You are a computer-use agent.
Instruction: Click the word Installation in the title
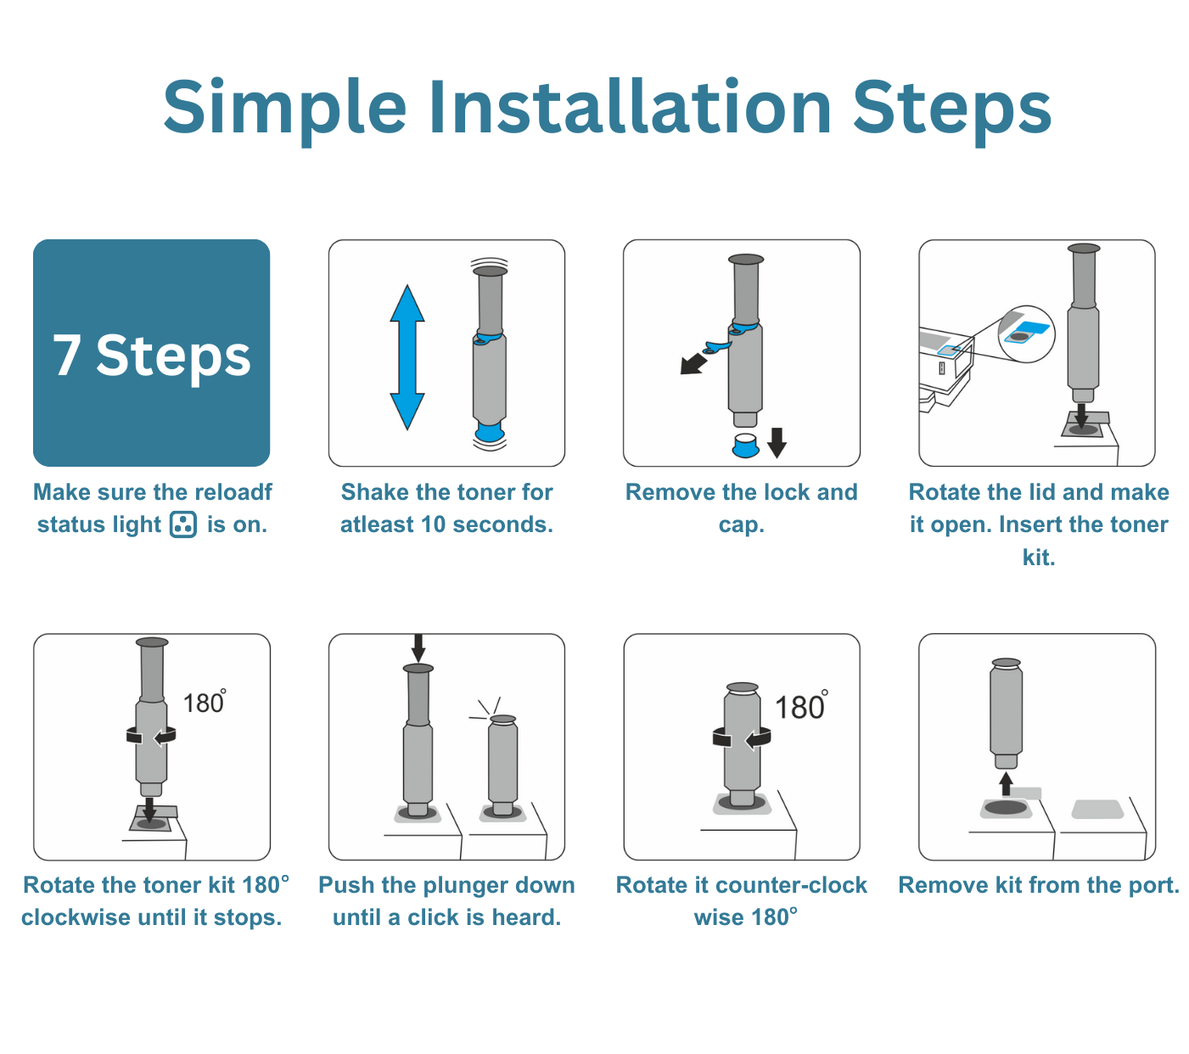click(x=631, y=109)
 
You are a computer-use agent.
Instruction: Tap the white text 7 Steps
click(x=151, y=356)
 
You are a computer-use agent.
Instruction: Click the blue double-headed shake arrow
click(x=407, y=357)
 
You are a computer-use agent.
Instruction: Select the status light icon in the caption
click(x=182, y=524)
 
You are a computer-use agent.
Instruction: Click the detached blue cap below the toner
click(x=745, y=446)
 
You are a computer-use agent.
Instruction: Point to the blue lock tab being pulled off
click(x=716, y=347)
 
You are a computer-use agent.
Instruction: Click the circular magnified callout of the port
click(x=1026, y=334)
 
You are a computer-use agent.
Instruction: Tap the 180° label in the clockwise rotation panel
click(x=205, y=703)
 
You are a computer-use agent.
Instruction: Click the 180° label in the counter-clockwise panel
click(x=801, y=706)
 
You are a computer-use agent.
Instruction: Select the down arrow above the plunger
click(x=418, y=648)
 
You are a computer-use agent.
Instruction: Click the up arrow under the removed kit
click(x=1006, y=784)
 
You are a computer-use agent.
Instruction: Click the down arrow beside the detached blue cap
click(x=777, y=443)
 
